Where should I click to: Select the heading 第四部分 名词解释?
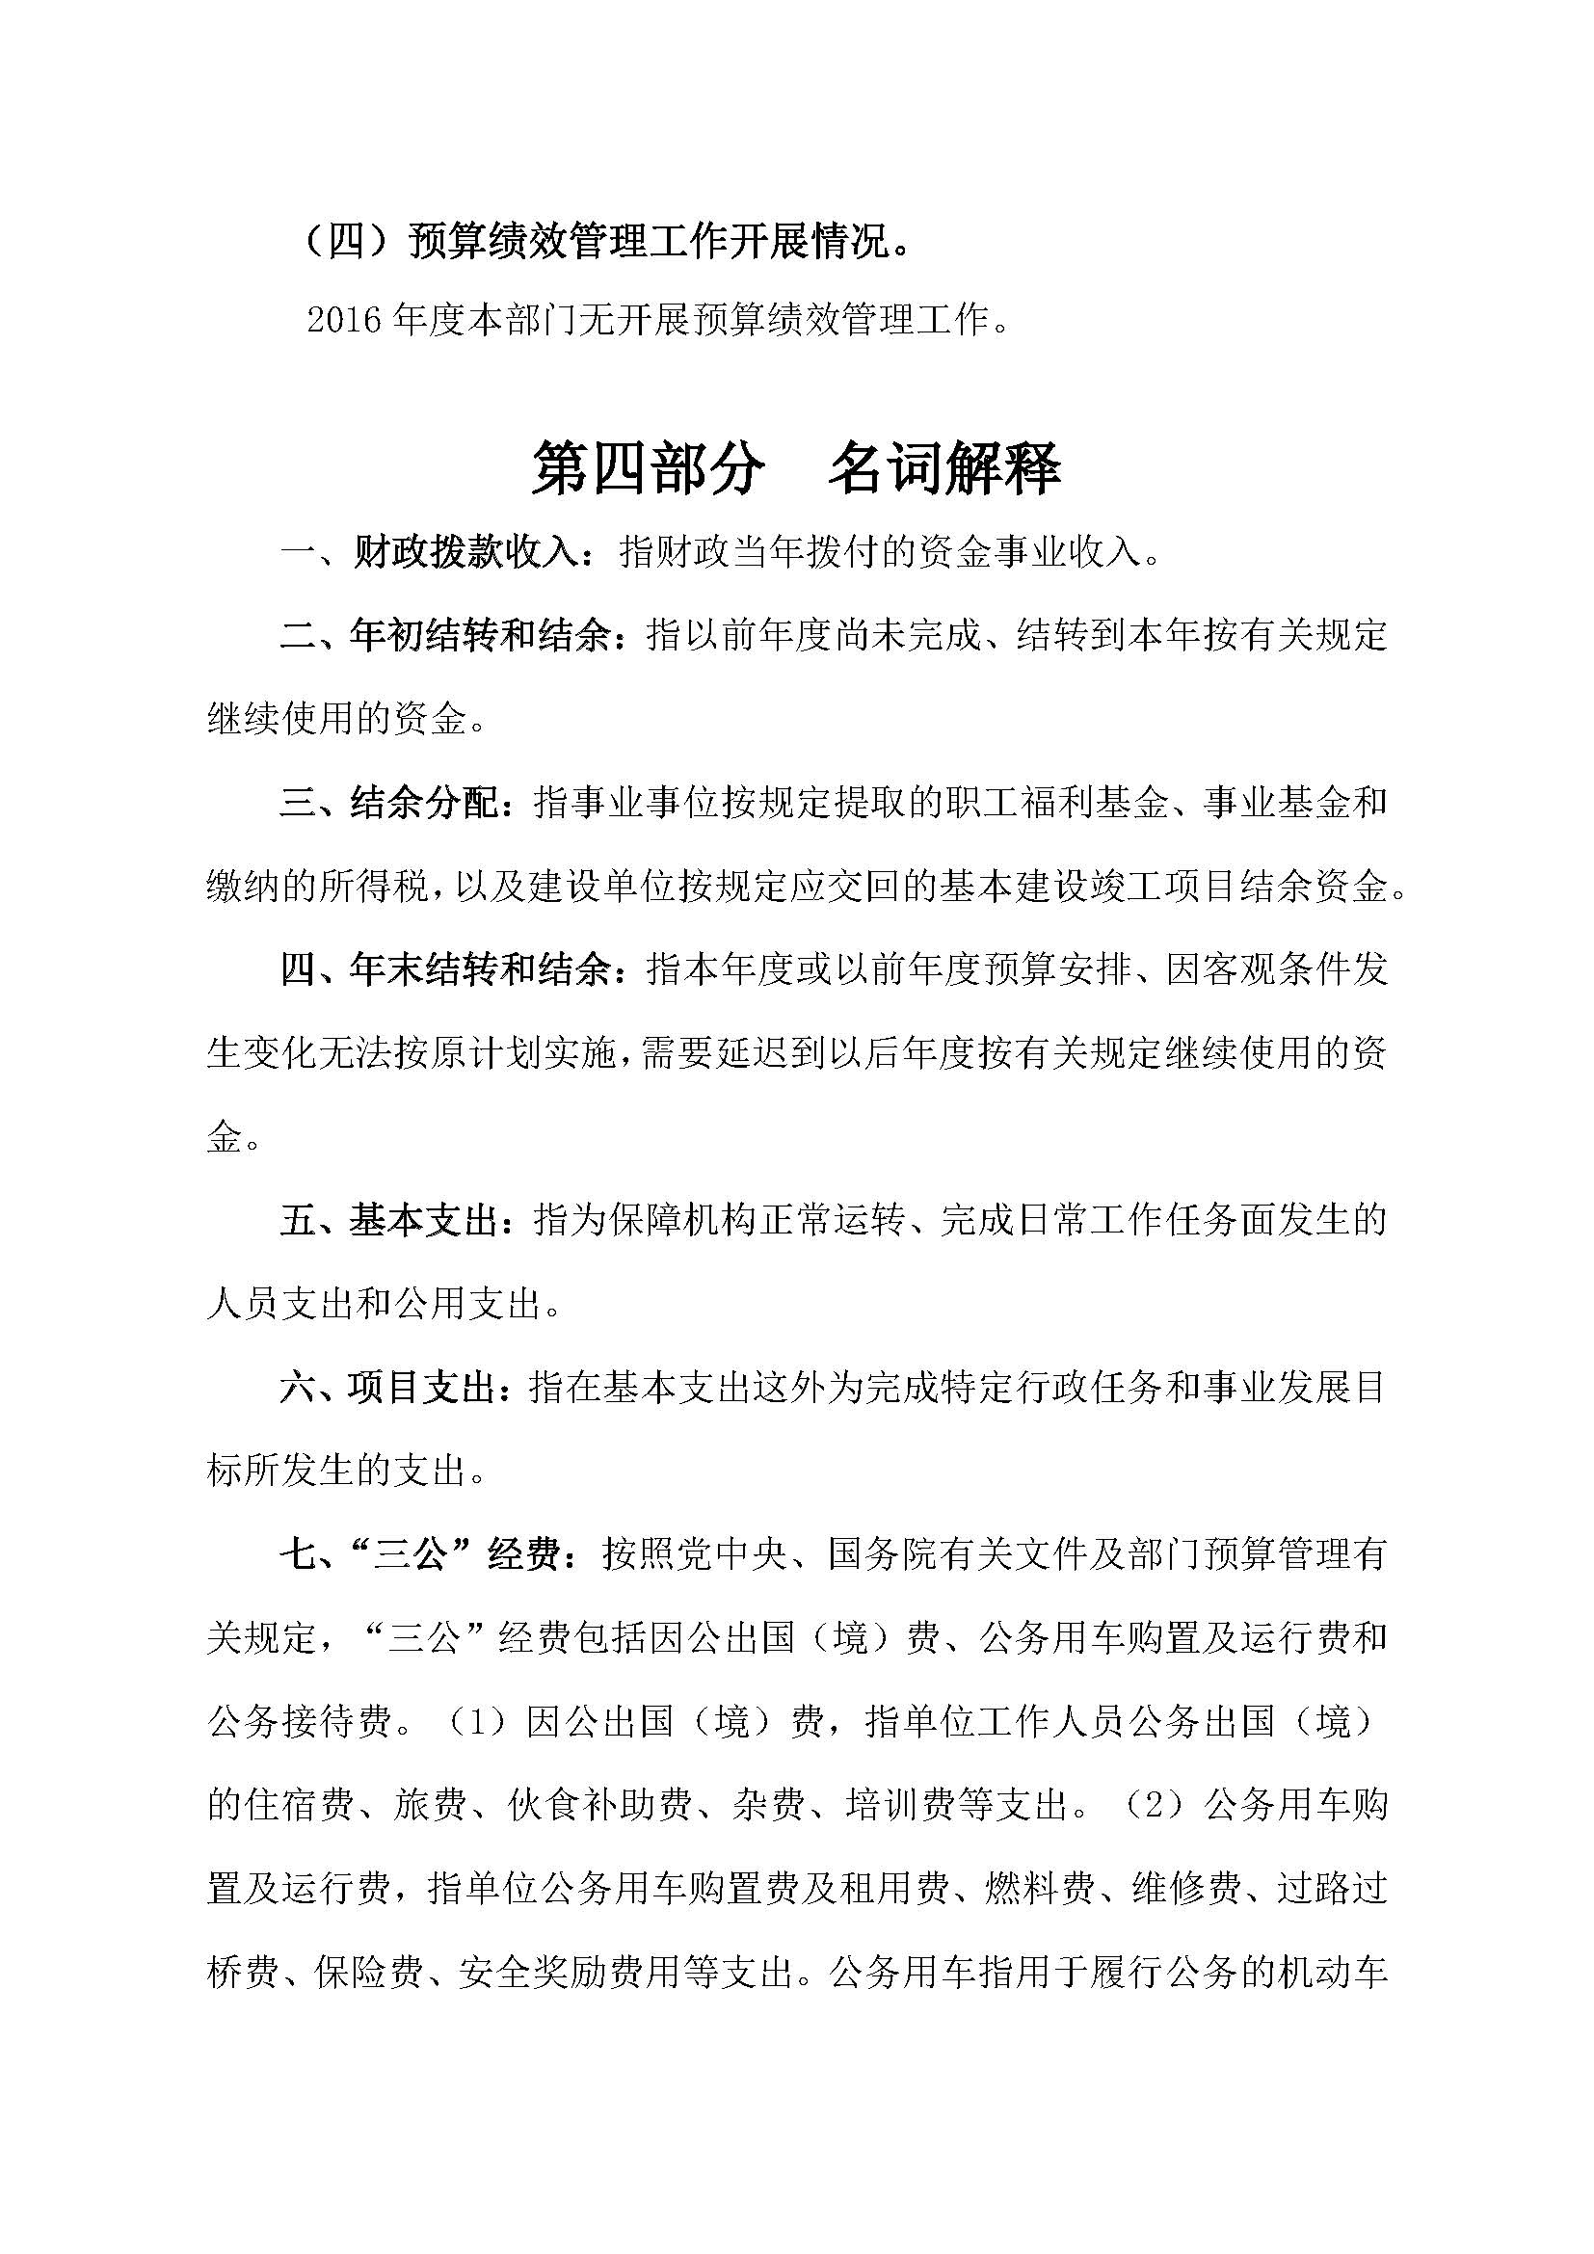click(x=796, y=468)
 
